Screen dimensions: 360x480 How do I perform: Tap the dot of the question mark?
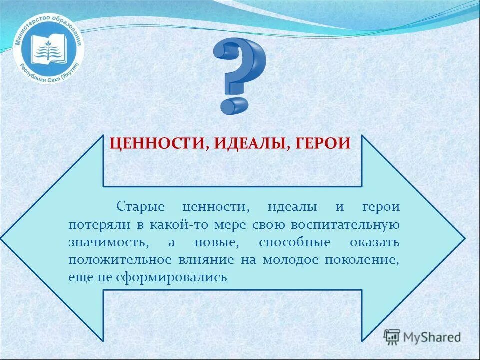234,105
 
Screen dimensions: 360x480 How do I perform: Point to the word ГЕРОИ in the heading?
323,144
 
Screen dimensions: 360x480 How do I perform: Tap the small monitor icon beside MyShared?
392,336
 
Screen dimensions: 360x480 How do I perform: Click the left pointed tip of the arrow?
4,238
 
